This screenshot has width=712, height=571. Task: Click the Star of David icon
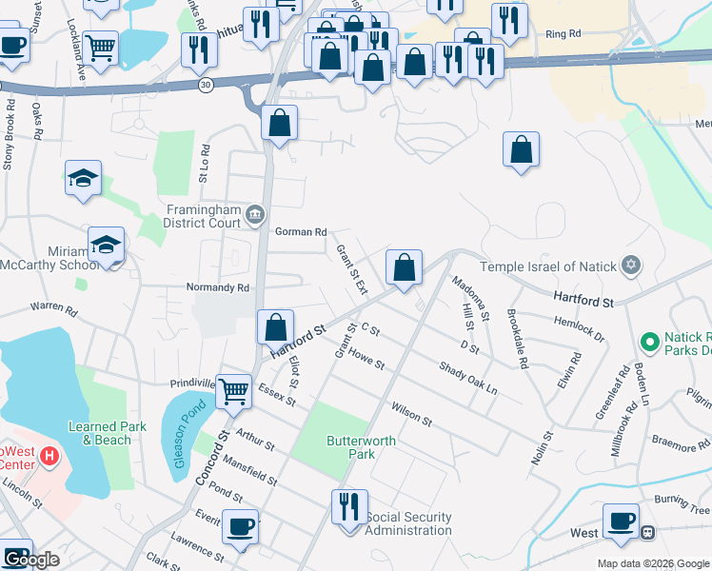tap(629, 266)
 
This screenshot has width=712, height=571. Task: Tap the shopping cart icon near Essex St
tap(234, 390)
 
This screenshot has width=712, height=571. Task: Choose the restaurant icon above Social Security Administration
tap(348, 505)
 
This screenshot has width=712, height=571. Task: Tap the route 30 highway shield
tap(206, 85)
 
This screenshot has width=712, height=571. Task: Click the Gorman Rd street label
tap(301, 231)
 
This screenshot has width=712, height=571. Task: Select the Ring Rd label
tap(563, 34)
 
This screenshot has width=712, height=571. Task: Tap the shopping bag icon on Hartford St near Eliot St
tap(275, 326)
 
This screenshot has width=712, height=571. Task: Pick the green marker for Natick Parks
tap(649, 340)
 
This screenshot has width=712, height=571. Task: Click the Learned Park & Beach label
tap(107, 433)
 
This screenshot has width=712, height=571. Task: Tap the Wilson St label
tap(411, 412)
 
